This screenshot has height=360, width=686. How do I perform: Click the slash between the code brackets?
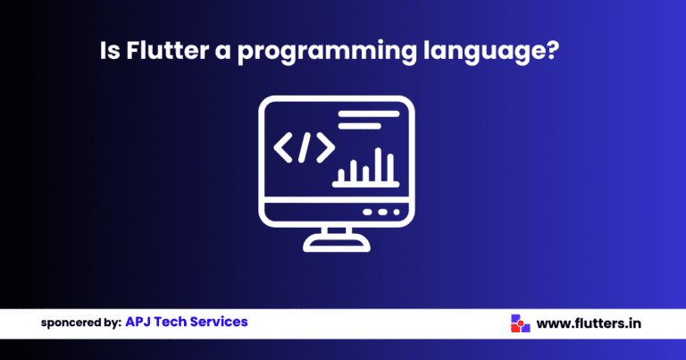(304, 147)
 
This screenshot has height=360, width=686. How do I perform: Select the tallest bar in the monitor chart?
(389, 164)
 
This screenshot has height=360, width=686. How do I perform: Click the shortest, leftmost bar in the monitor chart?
(341, 175)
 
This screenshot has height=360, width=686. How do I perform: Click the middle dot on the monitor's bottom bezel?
(381, 213)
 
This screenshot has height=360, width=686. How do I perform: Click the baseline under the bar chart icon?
(364, 185)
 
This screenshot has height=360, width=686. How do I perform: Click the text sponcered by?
(81, 322)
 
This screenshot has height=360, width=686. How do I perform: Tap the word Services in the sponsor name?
(222, 322)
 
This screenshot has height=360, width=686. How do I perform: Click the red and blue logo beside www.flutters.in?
(517, 322)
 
